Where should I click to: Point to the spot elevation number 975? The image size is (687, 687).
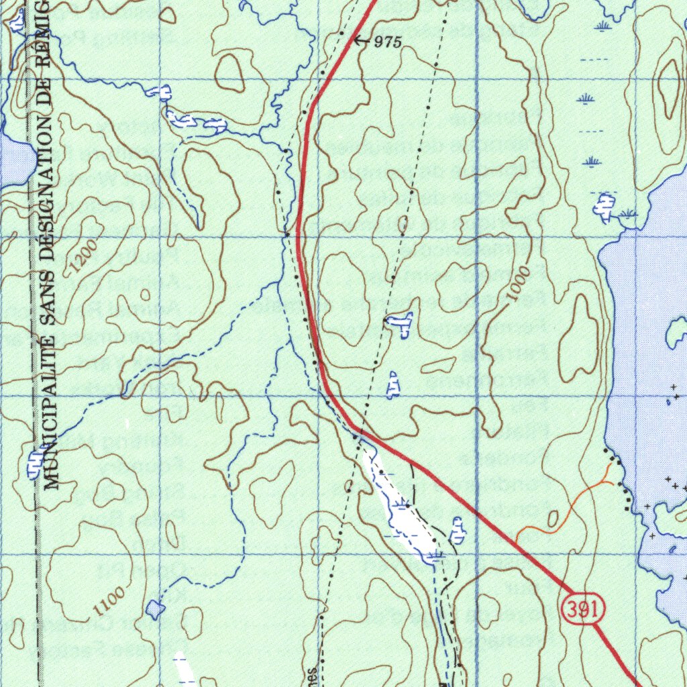(x=388, y=42)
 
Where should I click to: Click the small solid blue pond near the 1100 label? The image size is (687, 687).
(x=155, y=609)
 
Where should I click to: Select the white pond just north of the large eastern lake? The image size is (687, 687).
(x=605, y=206)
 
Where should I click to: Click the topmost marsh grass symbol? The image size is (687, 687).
(x=603, y=25)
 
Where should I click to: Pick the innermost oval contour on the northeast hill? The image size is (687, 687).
(x=668, y=87)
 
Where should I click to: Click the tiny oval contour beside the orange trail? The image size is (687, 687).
(x=553, y=519)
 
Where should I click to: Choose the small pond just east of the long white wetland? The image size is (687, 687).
(x=458, y=531)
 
